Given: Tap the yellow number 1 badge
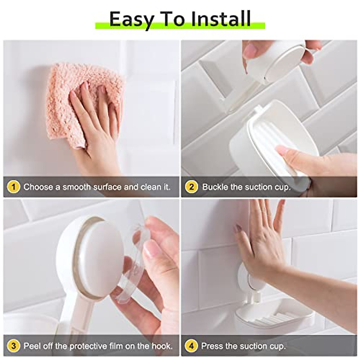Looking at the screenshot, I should (13, 187).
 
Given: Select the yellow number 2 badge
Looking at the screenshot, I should (191, 187).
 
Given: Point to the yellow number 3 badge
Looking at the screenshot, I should (13, 346).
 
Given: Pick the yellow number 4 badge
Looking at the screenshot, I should (191, 346).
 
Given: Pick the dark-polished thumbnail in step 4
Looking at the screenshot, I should (238, 228).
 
